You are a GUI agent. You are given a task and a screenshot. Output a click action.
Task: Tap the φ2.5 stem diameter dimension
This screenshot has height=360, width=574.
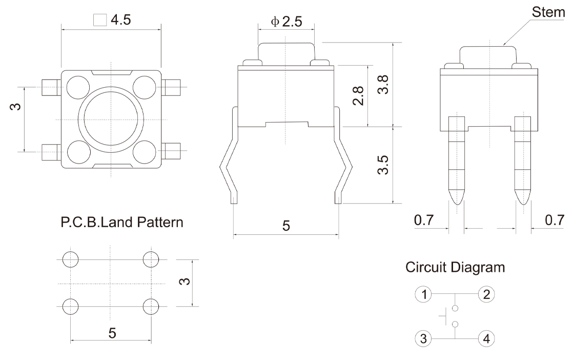286,22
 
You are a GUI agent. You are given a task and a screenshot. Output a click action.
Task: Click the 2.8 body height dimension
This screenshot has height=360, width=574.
359,95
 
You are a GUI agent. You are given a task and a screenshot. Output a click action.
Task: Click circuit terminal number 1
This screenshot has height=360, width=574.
423,294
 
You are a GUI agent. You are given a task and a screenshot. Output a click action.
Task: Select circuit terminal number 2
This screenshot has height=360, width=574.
486,294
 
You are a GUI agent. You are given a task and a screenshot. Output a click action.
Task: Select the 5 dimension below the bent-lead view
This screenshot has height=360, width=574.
286,226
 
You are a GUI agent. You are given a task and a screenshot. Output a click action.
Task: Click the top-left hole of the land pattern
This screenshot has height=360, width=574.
71,259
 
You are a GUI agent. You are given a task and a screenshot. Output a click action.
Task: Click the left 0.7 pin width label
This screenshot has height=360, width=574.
423,221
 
